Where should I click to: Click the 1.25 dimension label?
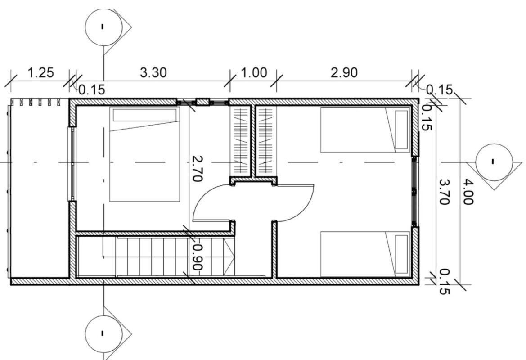[x=40, y=72]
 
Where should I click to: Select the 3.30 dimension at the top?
[x=153, y=72]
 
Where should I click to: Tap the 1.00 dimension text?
[x=254, y=72]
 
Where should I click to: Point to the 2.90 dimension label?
[x=344, y=72]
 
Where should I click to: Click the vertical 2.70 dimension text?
[x=197, y=168]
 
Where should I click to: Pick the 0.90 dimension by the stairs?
[x=198, y=257]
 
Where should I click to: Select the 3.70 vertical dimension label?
[x=445, y=192]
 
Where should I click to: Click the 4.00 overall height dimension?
[x=468, y=192]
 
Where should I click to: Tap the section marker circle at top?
[x=103, y=27]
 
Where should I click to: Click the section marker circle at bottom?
[x=103, y=333]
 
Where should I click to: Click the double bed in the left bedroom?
[x=144, y=154]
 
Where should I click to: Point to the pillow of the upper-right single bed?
[x=401, y=130]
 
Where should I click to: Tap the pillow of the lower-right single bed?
[x=401, y=254]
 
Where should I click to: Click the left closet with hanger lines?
[x=240, y=141]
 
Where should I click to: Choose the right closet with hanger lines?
[x=266, y=141]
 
